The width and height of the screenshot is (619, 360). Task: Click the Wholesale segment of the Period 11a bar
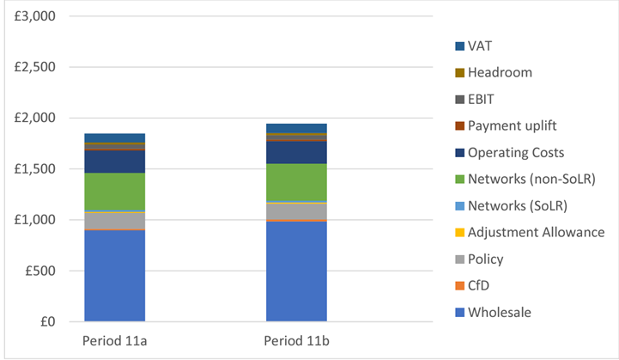114,276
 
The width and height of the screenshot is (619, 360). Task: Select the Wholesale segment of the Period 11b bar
296,272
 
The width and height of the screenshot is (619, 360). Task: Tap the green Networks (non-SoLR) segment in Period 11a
114,192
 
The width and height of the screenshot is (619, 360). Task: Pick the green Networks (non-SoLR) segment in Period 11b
296,182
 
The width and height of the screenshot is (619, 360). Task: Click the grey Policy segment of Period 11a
114,220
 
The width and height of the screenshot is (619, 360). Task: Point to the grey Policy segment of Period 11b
296,211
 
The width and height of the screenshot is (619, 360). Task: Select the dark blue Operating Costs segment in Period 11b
296,152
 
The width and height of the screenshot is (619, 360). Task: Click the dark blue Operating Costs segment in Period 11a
114,162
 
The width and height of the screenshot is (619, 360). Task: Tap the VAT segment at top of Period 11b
296,128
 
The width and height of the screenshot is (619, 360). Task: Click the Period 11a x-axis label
114,339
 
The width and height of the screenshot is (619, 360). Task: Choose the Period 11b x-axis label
296,339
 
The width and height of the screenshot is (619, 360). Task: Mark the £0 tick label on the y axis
46,322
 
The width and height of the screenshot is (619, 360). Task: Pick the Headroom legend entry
498,72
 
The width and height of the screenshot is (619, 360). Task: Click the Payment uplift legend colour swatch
460,125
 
